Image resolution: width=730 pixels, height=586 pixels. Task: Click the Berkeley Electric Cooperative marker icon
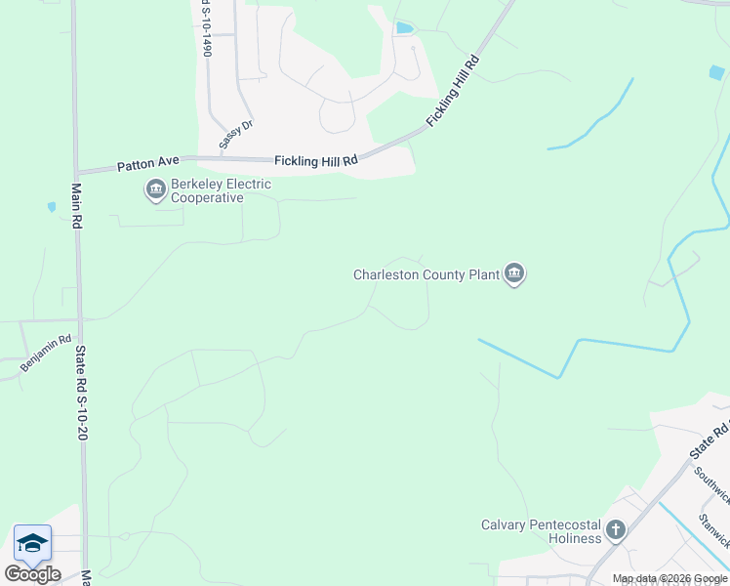pyautogui.click(x=155, y=189)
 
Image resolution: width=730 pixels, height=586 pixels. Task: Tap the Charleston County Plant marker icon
pyautogui.click(x=514, y=274)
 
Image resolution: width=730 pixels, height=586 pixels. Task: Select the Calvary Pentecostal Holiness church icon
pyautogui.click(x=615, y=530)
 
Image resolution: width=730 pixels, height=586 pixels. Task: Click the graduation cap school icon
pyautogui.click(x=32, y=543)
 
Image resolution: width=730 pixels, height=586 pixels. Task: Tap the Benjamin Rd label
pyautogui.click(x=47, y=354)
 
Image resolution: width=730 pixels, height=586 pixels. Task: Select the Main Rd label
pyautogui.click(x=75, y=206)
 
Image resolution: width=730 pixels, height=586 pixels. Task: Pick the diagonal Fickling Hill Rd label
pyautogui.click(x=454, y=91)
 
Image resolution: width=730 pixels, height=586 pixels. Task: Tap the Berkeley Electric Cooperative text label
pyautogui.click(x=207, y=190)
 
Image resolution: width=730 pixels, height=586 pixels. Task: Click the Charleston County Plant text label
pyautogui.click(x=426, y=275)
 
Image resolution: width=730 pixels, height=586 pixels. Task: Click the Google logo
pyautogui.click(x=32, y=573)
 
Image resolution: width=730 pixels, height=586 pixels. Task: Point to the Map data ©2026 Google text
pyautogui.click(x=669, y=578)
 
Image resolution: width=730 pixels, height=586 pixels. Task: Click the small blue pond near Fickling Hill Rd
pyautogui.click(x=403, y=27)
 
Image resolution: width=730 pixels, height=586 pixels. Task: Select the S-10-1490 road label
pyautogui.click(x=205, y=27)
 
